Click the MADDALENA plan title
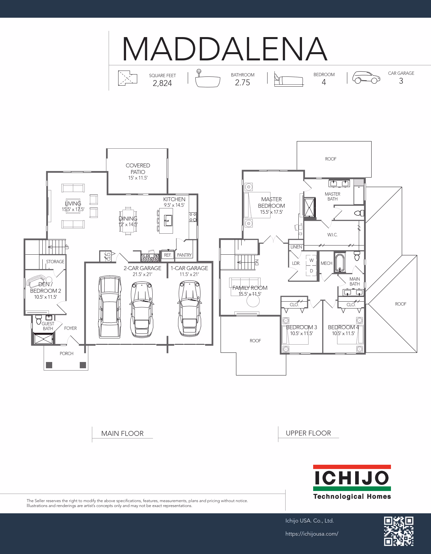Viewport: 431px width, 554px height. (x=225, y=49)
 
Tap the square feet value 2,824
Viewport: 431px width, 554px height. (x=162, y=83)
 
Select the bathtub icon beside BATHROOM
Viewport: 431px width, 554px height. (x=207, y=79)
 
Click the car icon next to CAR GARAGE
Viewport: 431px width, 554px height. (x=366, y=78)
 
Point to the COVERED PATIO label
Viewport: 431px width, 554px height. (x=138, y=169)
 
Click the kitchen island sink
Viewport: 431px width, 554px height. (x=168, y=220)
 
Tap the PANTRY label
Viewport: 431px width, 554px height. (x=184, y=255)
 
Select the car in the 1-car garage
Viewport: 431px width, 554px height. (x=189, y=308)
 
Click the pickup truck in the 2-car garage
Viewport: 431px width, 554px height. (x=110, y=307)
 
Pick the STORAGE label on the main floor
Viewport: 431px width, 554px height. (x=55, y=262)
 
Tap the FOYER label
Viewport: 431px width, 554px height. (x=70, y=328)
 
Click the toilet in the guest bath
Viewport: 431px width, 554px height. (x=38, y=319)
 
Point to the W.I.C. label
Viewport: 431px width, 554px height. (x=332, y=235)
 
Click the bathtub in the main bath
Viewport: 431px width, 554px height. (x=340, y=263)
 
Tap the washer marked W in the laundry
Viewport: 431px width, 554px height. (x=312, y=260)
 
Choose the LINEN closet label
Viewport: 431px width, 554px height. (x=296, y=247)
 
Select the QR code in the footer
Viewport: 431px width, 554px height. (x=399, y=531)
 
